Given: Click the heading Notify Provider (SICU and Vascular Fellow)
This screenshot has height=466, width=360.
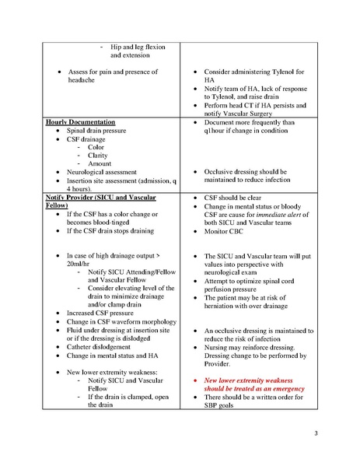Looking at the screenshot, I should click(89, 201).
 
